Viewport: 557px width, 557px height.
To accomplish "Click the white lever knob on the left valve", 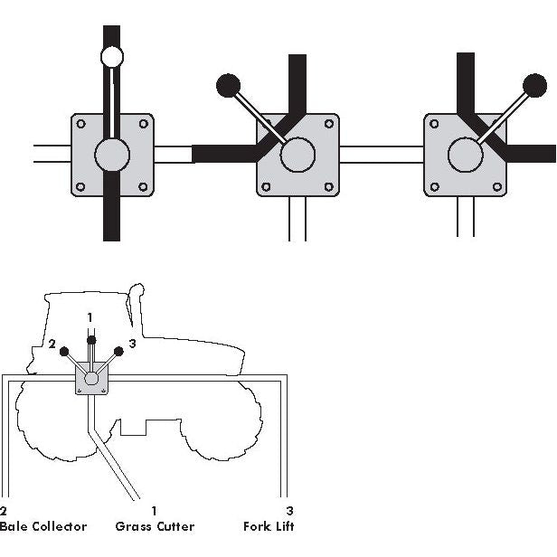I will (x=112, y=57).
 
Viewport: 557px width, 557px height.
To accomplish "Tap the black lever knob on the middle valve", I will (x=228, y=86).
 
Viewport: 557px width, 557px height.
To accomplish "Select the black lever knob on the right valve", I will (x=535, y=86).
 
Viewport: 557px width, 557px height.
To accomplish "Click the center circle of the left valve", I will (x=112, y=155).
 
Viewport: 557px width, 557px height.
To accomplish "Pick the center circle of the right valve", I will (x=465, y=155).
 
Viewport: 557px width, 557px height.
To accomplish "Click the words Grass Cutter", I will (x=155, y=526).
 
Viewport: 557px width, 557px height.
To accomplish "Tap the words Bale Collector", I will (x=43, y=526).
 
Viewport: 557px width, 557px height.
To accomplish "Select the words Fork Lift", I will (x=269, y=526).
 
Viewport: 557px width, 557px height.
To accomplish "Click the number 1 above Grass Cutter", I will (x=155, y=511).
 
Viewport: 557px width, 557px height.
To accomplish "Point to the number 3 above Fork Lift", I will (x=289, y=511).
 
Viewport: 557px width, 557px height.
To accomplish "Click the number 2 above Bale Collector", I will (x=4, y=511).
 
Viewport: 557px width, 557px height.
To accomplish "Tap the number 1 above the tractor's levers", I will (x=90, y=316).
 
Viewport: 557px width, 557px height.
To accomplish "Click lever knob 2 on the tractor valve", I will (x=64, y=350).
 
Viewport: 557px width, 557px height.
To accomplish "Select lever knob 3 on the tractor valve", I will (x=118, y=350).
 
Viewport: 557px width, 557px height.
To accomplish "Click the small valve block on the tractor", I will (x=90, y=379).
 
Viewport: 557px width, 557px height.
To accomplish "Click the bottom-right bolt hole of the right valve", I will (x=496, y=187).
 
